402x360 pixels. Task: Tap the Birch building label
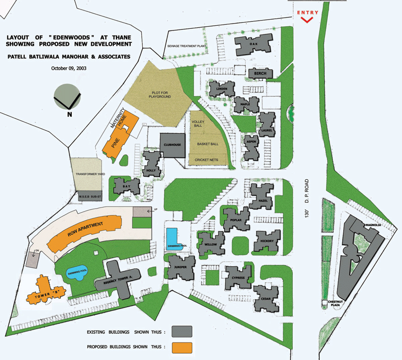(x=260, y=74)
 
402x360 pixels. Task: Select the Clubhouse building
(x=172, y=145)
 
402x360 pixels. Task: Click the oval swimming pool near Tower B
(x=77, y=273)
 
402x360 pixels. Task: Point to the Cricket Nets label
(x=206, y=160)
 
